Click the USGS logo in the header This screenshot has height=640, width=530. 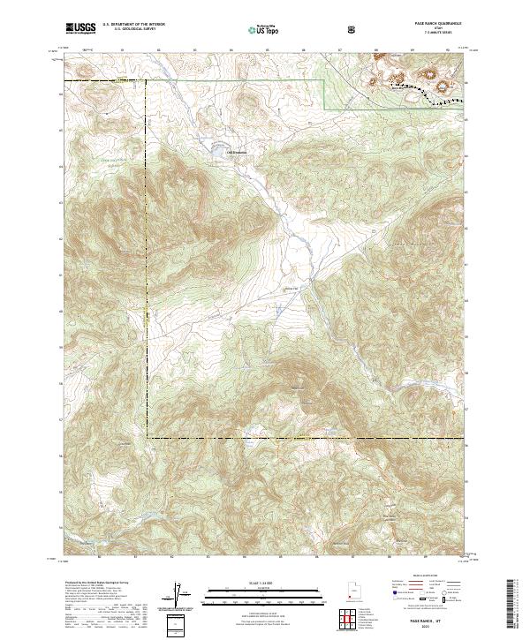click(x=81, y=28)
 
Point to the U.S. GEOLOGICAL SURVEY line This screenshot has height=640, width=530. click(x=135, y=30)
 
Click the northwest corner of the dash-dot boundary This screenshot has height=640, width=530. click(x=147, y=81)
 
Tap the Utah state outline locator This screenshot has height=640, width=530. click(x=352, y=588)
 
